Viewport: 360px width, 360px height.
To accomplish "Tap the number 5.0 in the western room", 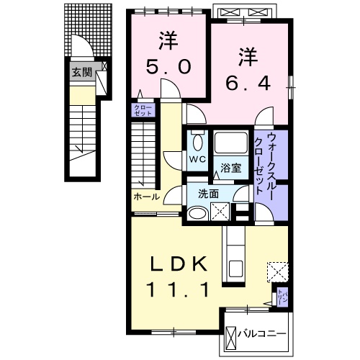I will tap(170, 66).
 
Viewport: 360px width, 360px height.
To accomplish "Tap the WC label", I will tap(197, 159).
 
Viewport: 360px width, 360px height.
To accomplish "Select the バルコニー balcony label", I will tap(264, 335).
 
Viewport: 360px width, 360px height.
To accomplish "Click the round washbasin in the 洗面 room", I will tap(196, 212).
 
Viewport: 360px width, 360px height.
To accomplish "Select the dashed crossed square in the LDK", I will tap(277, 271).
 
